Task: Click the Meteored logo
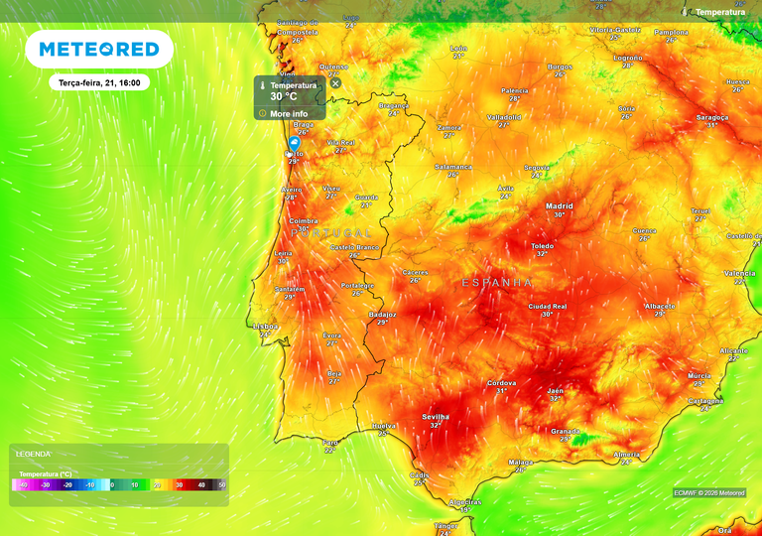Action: (x=99, y=49)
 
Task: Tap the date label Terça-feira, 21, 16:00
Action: (x=99, y=83)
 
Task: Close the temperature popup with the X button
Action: (x=335, y=83)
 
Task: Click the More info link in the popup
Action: (x=289, y=114)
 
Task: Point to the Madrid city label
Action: (x=559, y=206)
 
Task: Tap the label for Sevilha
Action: (x=436, y=417)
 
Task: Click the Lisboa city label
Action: (x=265, y=326)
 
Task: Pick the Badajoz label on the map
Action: (x=382, y=315)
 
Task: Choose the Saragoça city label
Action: (x=711, y=117)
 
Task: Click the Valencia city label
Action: (x=740, y=273)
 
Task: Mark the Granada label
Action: (x=565, y=431)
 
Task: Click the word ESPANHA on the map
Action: (x=497, y=283)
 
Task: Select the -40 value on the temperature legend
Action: (x=19, y=485)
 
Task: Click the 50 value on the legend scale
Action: (x=222, y=485)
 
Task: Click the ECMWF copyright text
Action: (x=708, y=492)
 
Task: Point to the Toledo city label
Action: (x=542, y=245)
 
